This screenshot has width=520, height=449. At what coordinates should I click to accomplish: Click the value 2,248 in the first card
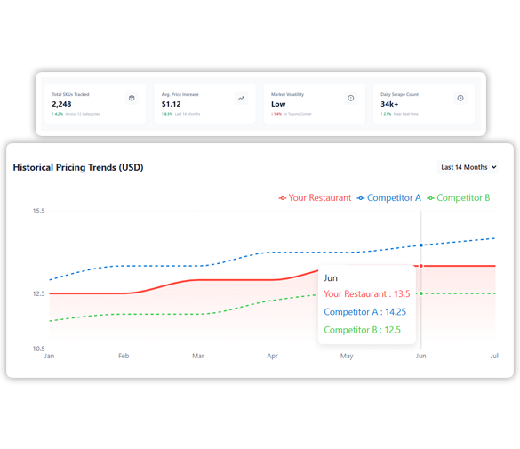click(61, 104)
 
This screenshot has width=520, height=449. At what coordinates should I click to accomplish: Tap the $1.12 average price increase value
click(171, 104)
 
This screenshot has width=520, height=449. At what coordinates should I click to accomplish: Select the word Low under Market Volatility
click(278, 104)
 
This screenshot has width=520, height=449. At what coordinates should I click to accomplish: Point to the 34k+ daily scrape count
click(390, 104)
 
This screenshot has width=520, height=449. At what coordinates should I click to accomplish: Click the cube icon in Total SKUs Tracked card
click(132, 99)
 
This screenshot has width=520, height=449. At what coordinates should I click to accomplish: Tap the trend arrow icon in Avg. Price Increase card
click(241, 99)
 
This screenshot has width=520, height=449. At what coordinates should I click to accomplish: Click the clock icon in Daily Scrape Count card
click(460, 99)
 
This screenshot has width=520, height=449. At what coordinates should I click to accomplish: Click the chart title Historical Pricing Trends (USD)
click(78, 167)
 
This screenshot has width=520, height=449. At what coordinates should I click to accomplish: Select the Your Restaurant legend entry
click(315, 198)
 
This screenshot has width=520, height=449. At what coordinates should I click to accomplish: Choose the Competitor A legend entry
click(389, 198)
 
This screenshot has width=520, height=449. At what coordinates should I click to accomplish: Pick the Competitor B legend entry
click(458, 198)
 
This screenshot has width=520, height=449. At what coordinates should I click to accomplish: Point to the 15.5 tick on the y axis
click(37, 211)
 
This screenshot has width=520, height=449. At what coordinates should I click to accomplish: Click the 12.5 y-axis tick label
click(37, 293)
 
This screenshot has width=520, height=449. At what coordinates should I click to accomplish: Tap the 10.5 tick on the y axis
click(37, 349)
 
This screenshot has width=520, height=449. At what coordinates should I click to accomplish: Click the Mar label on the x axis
click(197, 357)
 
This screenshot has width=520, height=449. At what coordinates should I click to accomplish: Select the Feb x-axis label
click(124, 357)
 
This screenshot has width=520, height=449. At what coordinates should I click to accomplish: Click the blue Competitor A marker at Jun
click(421, 245)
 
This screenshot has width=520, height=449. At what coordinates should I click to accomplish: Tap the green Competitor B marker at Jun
click(421, 293)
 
